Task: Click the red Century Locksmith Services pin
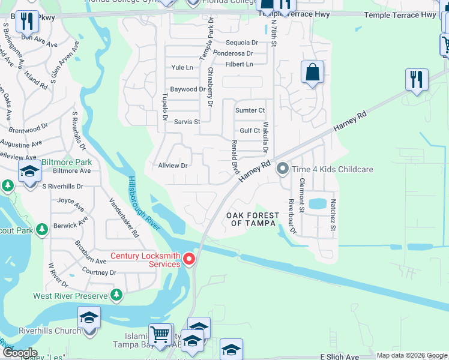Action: (189, 259)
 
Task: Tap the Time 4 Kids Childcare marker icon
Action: (282, 170)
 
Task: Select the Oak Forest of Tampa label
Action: (252, 220)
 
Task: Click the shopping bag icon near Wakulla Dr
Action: (312, 73)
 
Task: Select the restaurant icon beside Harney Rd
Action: (416, 79)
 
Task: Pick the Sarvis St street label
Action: (187, 121)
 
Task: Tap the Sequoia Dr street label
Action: (241, 43)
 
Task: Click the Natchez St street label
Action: (333, 215)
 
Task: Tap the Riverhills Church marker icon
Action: (89, 317)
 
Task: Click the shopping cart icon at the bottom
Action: (160, 334)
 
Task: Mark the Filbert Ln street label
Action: (239, 64)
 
